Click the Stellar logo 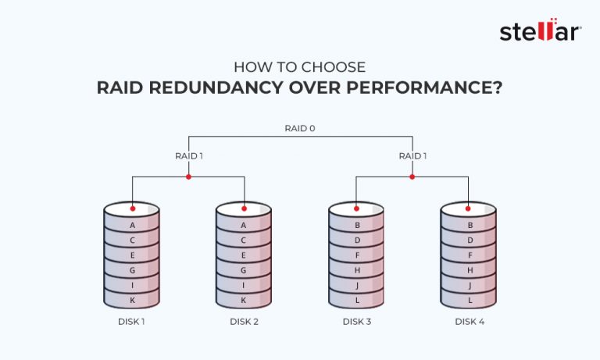(540, 32)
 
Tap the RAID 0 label (300, 127)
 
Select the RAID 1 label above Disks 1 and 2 (188, 155)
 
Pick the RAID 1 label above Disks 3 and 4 (412, 155)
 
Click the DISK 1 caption (131, 322)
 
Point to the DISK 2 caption (244, 322)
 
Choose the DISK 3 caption (356, 322)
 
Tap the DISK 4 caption (469, 322)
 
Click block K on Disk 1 (132, 300)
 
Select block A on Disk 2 (244, 226)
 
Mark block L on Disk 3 (356, 300)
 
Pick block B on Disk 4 (469, 226)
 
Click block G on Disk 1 (132, 270)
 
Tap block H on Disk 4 (469, 270)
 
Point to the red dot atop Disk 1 (132, 209)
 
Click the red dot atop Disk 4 (469, 209)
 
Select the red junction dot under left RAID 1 (188, 176)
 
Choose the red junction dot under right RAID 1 (412, 176)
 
